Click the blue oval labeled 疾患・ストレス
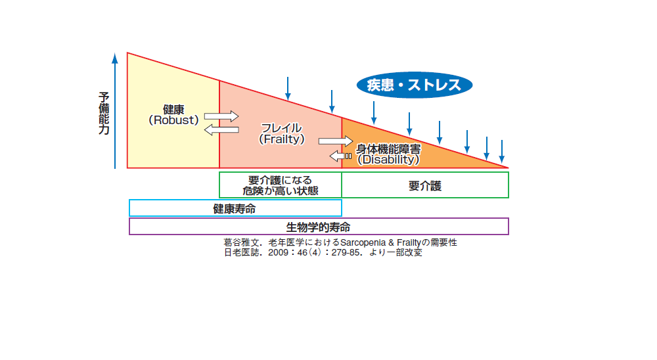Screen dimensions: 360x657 pos(414,85)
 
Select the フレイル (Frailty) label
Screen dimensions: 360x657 pos(281,133)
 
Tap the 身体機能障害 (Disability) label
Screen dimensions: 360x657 pos(388,154)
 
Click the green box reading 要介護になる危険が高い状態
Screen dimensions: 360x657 pos(281,185)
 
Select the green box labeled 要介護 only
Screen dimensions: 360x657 pos(425,185)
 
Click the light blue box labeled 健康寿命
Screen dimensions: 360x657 pos(235,208)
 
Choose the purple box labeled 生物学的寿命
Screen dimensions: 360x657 pos(319,227)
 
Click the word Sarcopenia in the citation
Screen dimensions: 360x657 pos(361,242)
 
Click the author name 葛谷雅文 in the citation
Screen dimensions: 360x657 pos(241,242)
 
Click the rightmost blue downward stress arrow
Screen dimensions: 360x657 pos(502,151)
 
